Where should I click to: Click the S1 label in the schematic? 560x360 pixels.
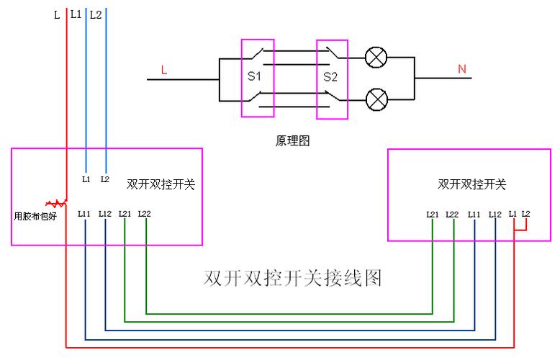pos(253,76)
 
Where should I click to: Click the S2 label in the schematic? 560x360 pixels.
pos(330,76)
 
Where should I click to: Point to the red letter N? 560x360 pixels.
pos(461,69)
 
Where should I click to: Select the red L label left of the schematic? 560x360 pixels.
pos(164,71)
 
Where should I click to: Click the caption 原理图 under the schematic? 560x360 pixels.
pos(292,140)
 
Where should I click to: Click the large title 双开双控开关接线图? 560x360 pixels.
pos(292,279)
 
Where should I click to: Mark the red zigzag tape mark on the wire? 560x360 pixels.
pos(56,204)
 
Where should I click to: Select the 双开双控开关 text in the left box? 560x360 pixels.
pos(161,184)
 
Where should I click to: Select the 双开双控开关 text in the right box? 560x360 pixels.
pos(471,184)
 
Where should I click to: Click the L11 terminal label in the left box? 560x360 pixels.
pos(84,214)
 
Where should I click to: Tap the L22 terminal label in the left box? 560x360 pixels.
pos(144,214)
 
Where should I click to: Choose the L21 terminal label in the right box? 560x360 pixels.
pos(432,214)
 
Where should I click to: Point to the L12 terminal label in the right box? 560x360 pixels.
pos(494,214)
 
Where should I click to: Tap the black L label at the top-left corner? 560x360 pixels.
pos(57,14)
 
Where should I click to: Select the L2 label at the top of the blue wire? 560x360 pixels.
pos(96,14)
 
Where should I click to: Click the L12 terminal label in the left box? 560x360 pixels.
pos(105,214)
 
